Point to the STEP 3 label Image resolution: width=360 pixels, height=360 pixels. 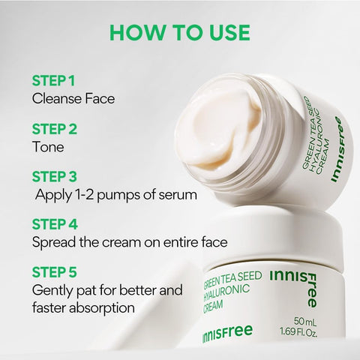click(54, 177)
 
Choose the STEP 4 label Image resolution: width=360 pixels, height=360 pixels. click(55, 224)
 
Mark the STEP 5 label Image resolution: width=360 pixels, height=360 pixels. click(54, 271)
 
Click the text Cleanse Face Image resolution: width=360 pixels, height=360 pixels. click(73, 97)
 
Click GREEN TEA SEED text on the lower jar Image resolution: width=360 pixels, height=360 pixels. click(232, 277)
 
